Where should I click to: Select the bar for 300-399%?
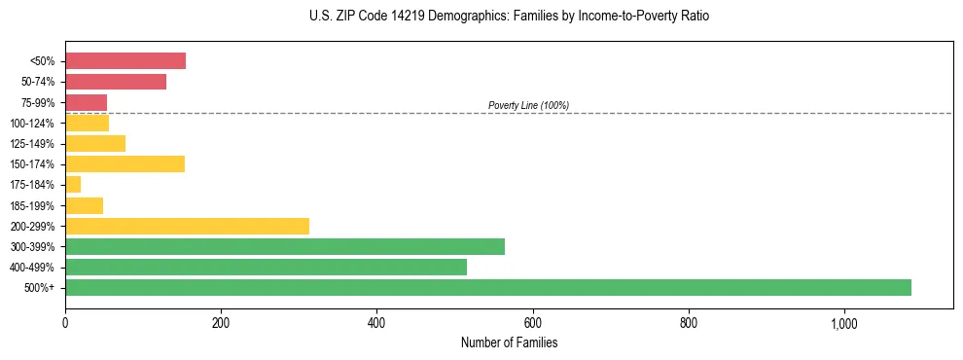[x=285, y=246]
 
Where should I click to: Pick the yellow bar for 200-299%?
[x=187, y=226]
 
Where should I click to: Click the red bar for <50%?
[x=125, y=61]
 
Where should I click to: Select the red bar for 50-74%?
[x=116, y=82]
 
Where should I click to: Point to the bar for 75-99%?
[x=86, y=102]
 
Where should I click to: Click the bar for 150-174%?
[x=125, y=163]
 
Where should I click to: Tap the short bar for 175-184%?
[x=73, y=184]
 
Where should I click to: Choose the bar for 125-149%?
[x=95, y=143]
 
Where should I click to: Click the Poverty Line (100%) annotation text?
[x=528, y=105]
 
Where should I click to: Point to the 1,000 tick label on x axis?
[x=843, y=324]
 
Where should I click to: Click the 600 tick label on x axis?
[x=532, y=324]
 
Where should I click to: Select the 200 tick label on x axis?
[x=221, y=324]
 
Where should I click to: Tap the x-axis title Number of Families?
[x=509, y=342]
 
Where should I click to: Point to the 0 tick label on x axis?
[x=65, y=324]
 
